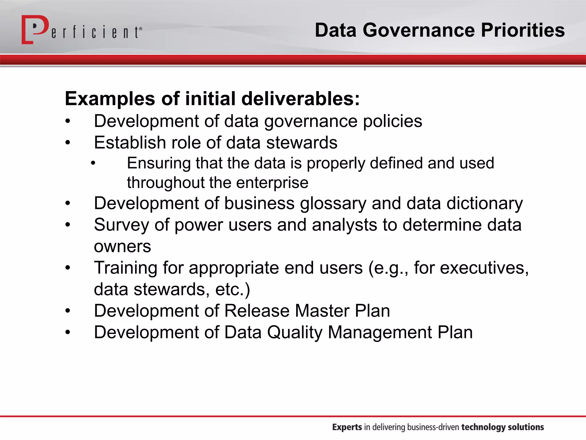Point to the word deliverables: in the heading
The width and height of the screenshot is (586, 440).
[300, 99]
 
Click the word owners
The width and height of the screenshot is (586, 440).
[122, 247]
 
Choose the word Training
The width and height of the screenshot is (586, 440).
[126, 268]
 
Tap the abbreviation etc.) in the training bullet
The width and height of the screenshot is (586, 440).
[233, 290]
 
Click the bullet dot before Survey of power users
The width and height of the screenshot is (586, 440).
[68, 225]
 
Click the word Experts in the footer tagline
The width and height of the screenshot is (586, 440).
[347, 427]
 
